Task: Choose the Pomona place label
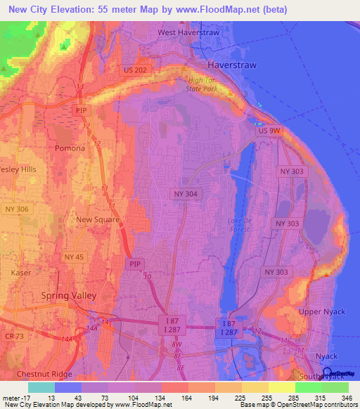click(x=70, y=149)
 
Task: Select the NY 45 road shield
click(x=73, y=257)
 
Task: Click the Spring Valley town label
click(x=68, y=296)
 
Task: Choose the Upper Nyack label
click(x=319, y=311)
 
